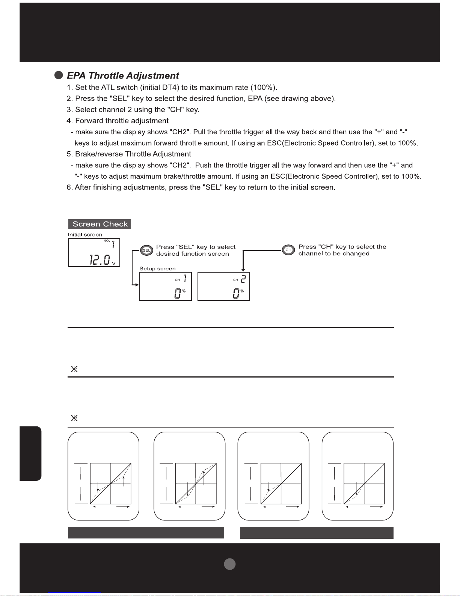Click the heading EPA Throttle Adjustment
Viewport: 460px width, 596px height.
(x=123, y=76)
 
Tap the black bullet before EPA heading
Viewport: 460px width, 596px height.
(x=59, y=75)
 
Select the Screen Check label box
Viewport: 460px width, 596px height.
(x=100, y=224)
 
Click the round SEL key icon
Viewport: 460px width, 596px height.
(x=146, y=250)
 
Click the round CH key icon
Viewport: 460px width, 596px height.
(x=288, y=250)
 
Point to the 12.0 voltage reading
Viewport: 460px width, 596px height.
(x=100, y=260)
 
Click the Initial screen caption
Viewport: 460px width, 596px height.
(x=85, y=235)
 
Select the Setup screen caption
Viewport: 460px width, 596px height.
(x=157, y=268)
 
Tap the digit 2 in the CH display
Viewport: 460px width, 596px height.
(x=243, y=279)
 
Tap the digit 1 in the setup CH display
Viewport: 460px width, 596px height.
(x=185, y=279)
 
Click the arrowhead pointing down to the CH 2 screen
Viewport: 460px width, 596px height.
(x=243, y=270)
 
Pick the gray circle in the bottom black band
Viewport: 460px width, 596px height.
(x=229, y=564)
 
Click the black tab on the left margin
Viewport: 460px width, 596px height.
(x=30, y=453)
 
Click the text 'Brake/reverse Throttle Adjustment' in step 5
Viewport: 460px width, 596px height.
(x=133, y=154)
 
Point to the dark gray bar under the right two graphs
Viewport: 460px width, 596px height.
(x=317, y=533)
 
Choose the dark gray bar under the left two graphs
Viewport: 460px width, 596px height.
(x=146, y=533)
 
